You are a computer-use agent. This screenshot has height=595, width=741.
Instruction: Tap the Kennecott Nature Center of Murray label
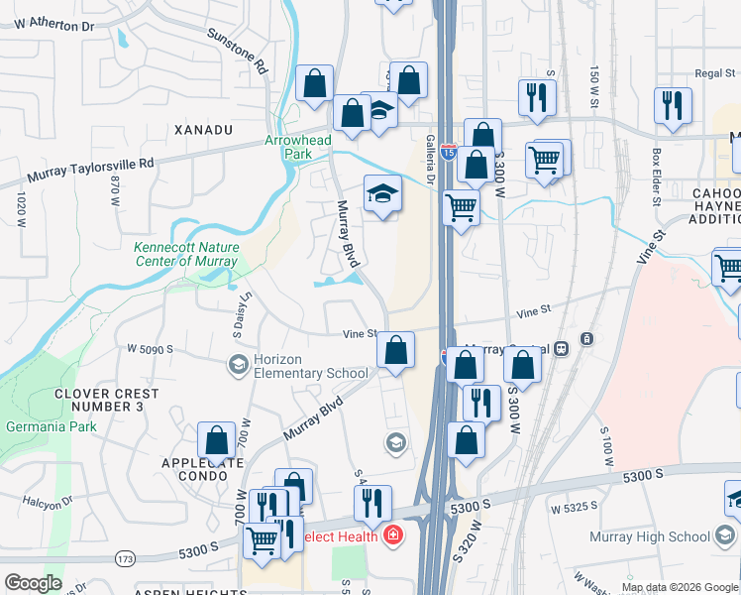click(x=185, y=254)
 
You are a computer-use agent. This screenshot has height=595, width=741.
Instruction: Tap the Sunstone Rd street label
click(x=239, y=52)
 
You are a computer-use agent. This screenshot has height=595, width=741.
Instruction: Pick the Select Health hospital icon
click(x=394, y=535)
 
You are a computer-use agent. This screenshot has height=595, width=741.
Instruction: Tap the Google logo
click(x=33, y=583)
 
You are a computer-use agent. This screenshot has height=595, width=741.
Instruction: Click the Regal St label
click(x=713, y=72)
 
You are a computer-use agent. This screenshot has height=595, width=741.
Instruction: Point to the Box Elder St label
click(x=657, y=177)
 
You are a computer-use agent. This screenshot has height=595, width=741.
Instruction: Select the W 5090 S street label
click(x=150, y=349)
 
